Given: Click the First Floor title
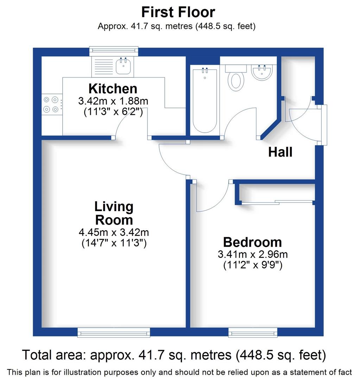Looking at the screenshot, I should point(178,12).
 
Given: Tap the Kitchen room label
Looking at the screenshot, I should point(113,88).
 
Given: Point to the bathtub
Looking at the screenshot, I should point(205,100).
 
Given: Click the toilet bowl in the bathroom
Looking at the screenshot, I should point(236,80).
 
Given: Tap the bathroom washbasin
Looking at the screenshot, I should point(261,73).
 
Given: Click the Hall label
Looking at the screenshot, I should point(280,152).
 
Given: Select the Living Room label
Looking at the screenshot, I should point(114,213).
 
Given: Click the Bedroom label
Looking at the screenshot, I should point(252,242).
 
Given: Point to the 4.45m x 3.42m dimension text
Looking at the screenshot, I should point(114,233).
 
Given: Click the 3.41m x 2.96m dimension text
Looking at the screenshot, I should point(252,254).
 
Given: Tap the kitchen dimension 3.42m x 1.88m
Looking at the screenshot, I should point(113,101).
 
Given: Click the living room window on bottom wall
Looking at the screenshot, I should point(114,332).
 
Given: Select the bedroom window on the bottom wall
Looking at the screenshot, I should point(253,332).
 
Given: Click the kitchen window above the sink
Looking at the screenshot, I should point(113,51).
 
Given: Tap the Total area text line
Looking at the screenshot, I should point(174,355).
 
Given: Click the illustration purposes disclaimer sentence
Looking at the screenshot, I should point(179,372).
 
